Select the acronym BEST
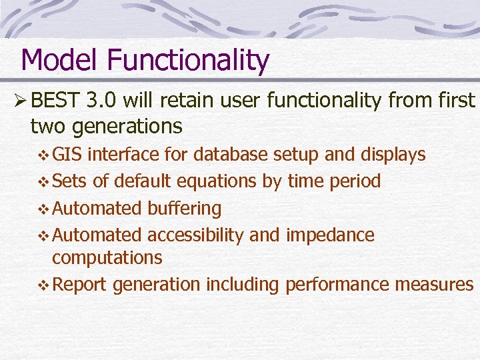(x=55, y=101)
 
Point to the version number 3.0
(x=104, y=101)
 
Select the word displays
(x=393, y=155)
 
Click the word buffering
(x=184, y=208)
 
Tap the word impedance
(x=330, y=235)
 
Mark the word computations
(x=107, y=257)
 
